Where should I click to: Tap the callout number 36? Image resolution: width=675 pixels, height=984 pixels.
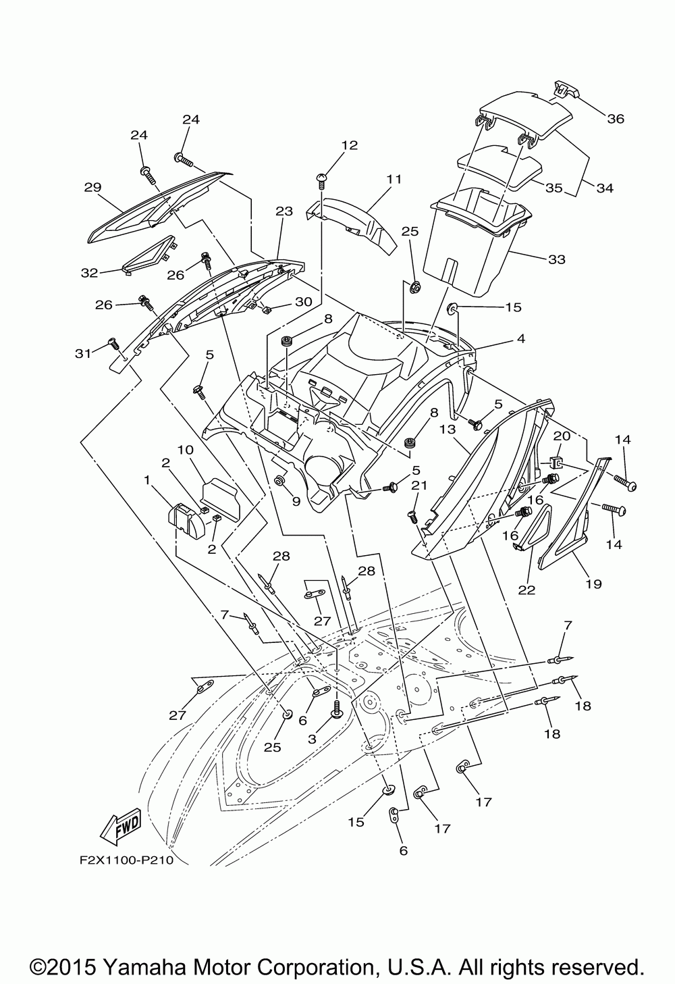click(x=616, y=119)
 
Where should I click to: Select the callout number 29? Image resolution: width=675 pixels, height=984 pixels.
click(x=92, y=187)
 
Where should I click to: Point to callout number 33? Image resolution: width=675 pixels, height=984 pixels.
click(x=556, y=259)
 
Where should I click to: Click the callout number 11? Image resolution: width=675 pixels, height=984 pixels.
click(x=394, y=179)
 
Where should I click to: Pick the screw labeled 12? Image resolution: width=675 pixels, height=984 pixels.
click(x=321, y=180)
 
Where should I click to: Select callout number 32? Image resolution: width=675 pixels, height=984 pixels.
click(x=89, y=273)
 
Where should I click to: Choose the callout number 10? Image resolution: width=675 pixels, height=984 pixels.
click(x=186, y=449)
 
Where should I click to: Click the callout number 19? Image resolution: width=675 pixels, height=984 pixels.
click(x=593, y=584)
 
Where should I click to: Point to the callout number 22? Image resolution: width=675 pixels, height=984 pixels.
click(x=526, y=590)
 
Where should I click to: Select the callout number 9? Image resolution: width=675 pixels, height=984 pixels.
click(x=296, y=501)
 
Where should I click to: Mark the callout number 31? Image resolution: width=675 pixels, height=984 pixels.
click(x=82, y=353)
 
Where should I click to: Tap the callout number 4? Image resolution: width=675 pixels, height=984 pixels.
click(x=520, y=338)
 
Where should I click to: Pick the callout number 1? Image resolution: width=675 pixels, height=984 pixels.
click(x=146, y=480)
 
